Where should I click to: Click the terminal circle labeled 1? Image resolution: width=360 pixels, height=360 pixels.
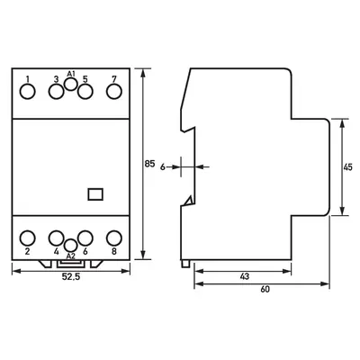tap(27, 92)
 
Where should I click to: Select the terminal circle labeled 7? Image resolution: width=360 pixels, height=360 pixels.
tap(114, 92)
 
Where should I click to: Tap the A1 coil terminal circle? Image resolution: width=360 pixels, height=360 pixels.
tap(71, 84)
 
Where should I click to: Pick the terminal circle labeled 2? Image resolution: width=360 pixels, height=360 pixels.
tap(27, 238)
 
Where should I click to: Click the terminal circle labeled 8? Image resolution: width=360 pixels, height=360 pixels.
tap(114, 238)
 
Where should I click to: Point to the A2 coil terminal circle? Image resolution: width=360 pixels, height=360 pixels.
tap(71, 246)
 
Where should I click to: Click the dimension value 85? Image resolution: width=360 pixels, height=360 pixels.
tap(149, 164)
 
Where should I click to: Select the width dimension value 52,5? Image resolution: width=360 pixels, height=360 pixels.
tap(71, 277)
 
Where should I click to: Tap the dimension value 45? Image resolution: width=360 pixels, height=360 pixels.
tap(347, 167)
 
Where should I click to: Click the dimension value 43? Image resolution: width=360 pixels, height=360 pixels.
tap(245, 276)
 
